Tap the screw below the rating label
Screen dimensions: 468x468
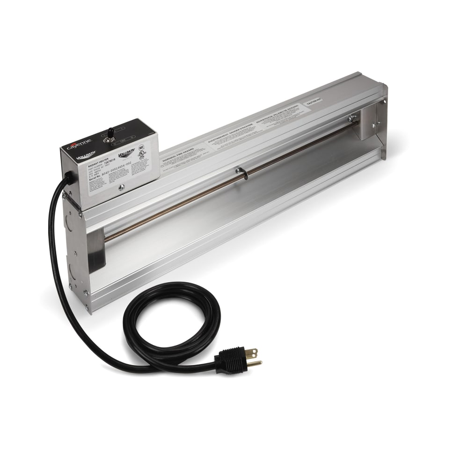click(121, 187)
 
